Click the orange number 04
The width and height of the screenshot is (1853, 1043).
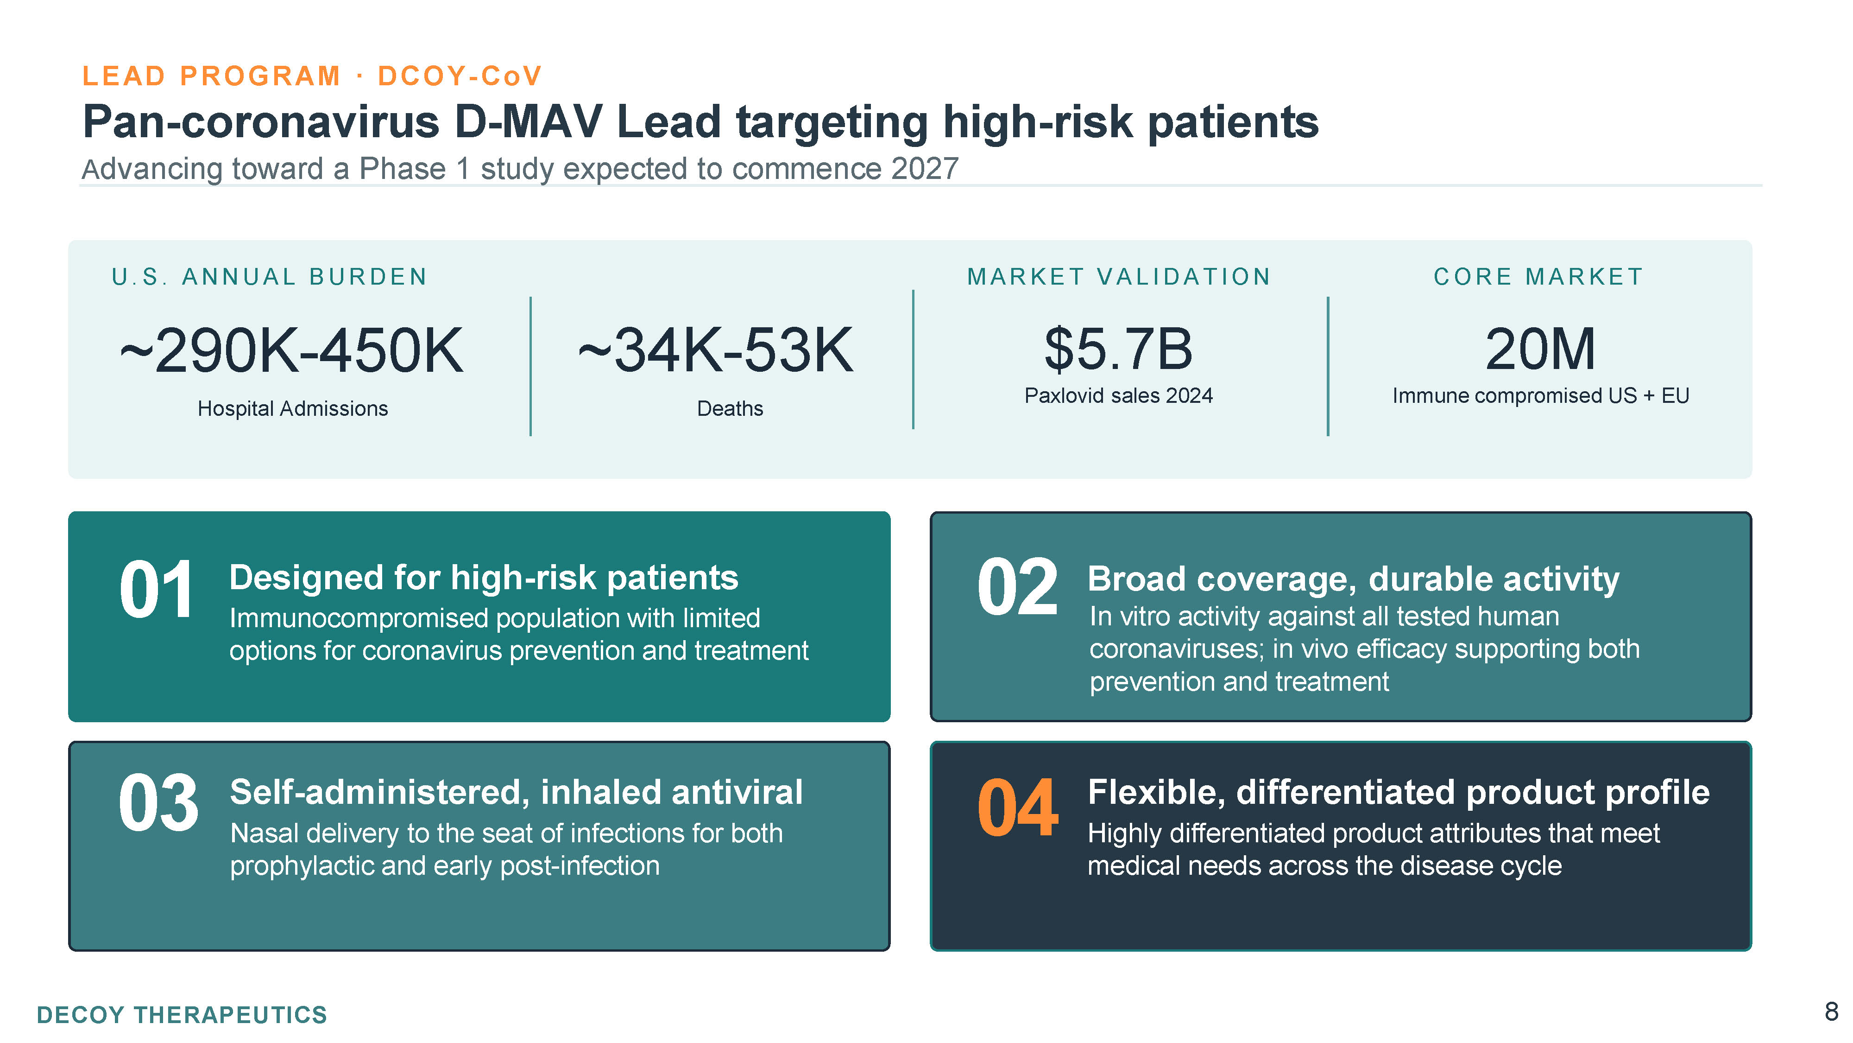[1017, 808]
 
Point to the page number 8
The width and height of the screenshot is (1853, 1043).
[1831, 1011]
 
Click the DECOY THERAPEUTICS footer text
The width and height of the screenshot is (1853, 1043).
[182, 1015]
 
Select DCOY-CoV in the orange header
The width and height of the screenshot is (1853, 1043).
[460, 76]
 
